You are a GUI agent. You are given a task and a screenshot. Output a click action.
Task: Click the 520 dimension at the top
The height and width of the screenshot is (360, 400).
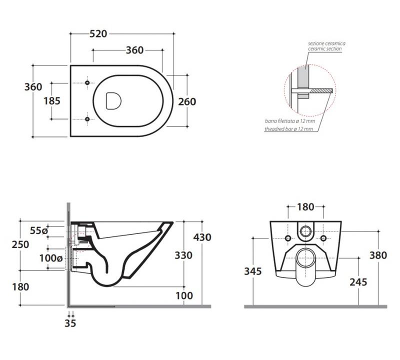(x=98, y=34)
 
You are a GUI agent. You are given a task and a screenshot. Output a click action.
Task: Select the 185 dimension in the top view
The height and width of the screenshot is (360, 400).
(x=52, y=100)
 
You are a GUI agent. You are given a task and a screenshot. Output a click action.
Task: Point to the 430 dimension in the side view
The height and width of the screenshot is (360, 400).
(x=202, y=237)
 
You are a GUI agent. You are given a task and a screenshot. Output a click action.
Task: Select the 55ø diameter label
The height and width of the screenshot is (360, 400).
(x=38, y=230)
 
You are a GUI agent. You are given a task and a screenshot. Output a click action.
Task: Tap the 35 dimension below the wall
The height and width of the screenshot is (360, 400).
(x=70, y=323)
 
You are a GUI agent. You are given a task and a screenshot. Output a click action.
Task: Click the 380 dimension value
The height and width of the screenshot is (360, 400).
(x=378, y=255)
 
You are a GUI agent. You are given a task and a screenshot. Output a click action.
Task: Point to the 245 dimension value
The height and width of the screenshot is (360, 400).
(x=358, y=282)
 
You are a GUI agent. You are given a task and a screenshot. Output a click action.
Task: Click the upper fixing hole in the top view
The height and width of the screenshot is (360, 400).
(x=87, y=82)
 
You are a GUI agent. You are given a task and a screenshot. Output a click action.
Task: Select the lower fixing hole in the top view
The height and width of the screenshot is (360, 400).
(x=87, y=119)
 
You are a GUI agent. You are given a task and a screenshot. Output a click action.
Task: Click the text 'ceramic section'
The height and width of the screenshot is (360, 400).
(x=326, y=48)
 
